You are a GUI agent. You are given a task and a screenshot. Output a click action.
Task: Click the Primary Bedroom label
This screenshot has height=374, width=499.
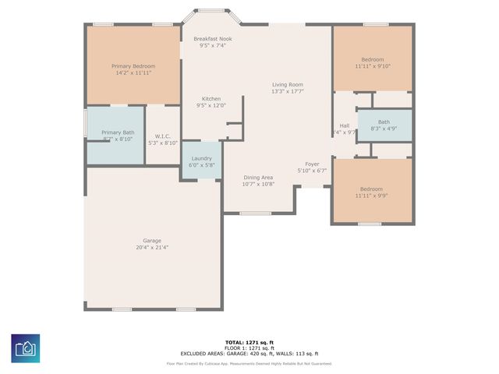point(133,66)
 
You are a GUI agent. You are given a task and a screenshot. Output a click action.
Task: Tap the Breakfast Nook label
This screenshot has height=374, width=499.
point(213,38)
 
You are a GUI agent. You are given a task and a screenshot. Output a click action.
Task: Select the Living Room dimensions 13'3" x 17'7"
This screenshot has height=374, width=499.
point(287,92)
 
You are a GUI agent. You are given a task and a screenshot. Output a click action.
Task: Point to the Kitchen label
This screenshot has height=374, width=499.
point(211,99)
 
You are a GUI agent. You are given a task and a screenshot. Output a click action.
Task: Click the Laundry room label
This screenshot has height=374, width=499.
point(201,158)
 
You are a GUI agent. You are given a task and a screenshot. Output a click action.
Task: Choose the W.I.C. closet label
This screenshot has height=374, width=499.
point(163,136)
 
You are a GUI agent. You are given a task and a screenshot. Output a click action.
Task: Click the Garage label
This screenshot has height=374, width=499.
point(151,240)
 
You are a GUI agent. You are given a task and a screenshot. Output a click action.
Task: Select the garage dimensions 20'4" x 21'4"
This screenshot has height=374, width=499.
point(151,248)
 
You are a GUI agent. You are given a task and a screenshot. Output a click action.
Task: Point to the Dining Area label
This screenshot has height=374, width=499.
point(258,177)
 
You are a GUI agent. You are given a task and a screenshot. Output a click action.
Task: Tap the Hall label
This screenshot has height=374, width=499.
point(344,125)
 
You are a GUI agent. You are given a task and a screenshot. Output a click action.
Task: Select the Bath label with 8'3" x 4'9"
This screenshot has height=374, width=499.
point(384,122)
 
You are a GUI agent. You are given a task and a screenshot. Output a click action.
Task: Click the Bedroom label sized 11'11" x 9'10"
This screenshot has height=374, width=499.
point(372,59)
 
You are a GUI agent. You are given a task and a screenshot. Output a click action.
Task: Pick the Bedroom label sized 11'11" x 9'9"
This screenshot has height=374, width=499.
point(371,189)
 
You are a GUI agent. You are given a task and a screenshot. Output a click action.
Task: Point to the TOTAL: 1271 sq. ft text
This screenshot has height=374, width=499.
point(249,342)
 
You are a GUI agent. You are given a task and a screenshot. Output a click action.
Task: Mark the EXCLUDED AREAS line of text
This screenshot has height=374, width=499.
point(249,354)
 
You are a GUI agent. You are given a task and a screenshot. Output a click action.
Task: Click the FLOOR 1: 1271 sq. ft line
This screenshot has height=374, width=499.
point(249,348)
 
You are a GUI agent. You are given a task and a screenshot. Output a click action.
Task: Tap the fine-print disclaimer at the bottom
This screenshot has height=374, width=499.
point(249,363)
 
